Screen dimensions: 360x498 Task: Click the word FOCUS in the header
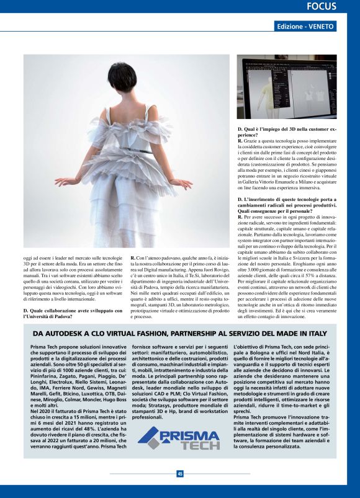coord(322,7)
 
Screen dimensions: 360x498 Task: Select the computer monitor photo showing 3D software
coord(287,86)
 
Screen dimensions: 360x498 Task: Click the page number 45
coord(179,474)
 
